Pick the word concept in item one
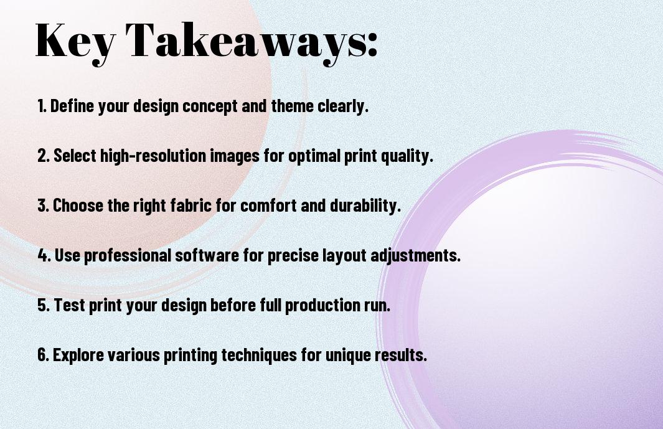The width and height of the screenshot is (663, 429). [210, 106]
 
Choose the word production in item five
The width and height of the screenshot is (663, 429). [322, 306]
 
